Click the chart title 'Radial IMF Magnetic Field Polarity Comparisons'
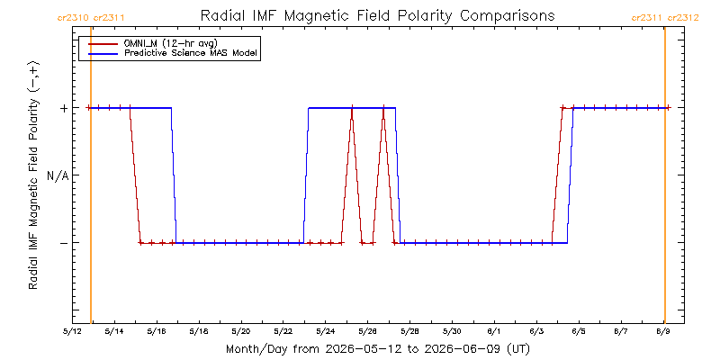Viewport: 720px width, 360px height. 377,16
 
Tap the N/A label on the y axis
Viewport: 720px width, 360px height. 58,175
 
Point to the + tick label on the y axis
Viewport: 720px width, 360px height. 64,108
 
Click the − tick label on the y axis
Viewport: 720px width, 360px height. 64,242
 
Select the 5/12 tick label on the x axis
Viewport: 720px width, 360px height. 73,331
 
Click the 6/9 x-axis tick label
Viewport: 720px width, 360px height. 663,331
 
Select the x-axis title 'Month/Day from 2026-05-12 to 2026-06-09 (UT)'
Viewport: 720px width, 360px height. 378,349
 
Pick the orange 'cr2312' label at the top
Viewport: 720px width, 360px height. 683,18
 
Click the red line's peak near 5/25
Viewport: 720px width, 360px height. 352,108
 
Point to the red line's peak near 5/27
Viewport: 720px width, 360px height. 383,108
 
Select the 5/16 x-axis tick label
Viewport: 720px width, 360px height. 157,331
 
